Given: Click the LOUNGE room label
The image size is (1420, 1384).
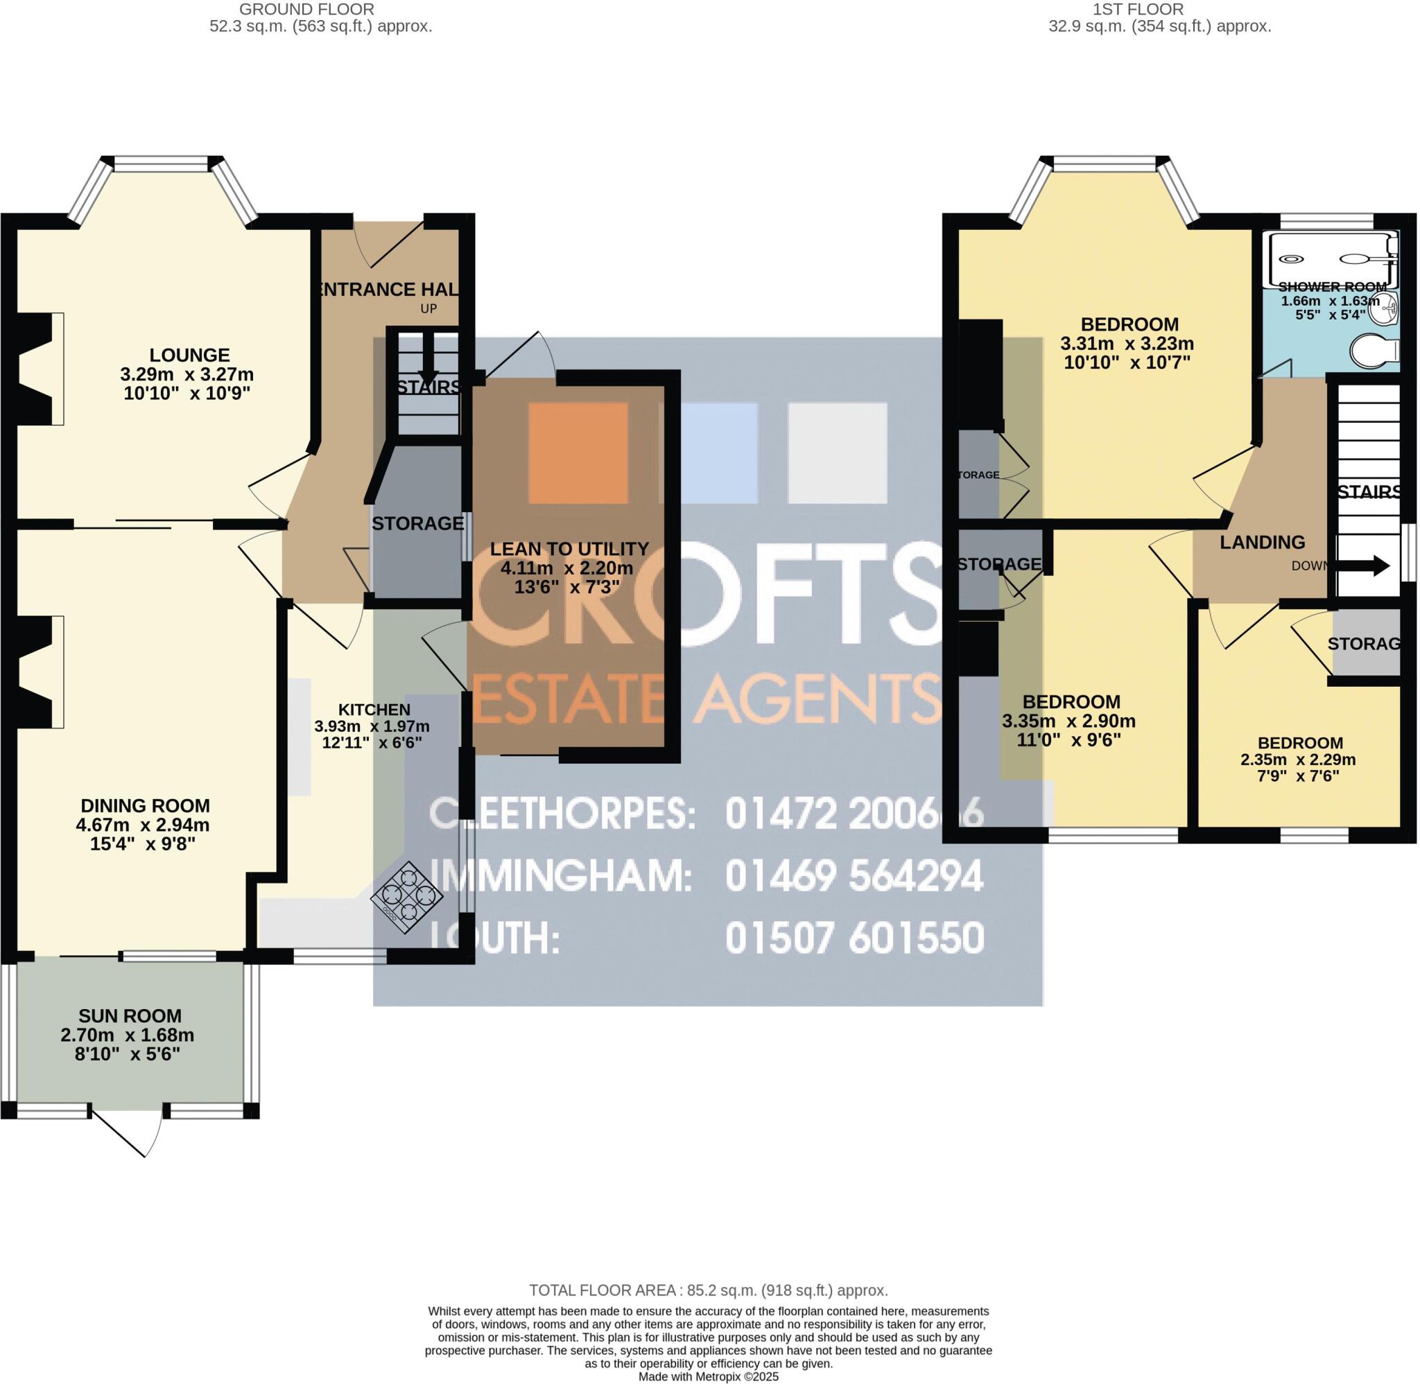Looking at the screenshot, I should coord(189,356).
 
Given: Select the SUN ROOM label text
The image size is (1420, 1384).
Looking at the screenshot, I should coord(130,1016).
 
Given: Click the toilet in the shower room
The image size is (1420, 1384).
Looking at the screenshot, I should coord(1374,351).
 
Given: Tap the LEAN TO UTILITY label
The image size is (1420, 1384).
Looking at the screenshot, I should coord(569,549).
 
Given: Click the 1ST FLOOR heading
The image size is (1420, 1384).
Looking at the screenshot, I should coord(1159,10).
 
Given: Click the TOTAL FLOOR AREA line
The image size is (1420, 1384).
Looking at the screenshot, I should coord(708,1291).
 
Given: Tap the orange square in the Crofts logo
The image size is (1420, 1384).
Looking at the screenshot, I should coord(578,452).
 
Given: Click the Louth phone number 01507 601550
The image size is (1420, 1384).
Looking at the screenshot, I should coord(854,938).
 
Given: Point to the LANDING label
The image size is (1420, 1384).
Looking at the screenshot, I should coord(1261,542).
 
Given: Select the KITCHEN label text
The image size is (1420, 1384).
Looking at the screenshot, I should coord(374,710).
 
